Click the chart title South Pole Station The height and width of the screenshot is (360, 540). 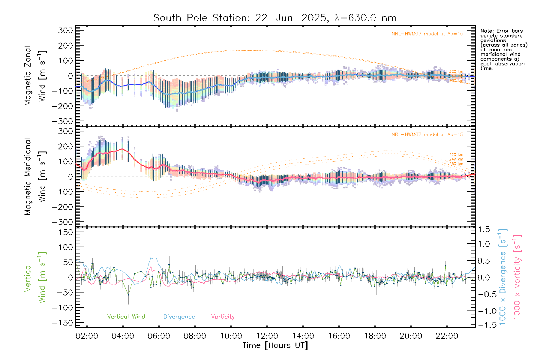(x=275, y=18)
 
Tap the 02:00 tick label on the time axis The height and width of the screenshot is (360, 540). (x=87, y=336)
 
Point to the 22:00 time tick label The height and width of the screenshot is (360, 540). (x=447, y=336)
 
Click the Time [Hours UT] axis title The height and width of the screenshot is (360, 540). (x=275, y=346)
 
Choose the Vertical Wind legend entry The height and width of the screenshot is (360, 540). (x=126, y=317)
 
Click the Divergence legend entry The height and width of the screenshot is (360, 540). (x=179, y=317)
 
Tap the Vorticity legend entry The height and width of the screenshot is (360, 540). (x=223, y=317)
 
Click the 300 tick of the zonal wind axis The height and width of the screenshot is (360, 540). (x=66, y=30)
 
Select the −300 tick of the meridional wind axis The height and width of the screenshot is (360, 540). (x=62, y=222)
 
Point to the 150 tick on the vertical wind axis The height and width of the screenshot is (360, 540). (x=66, y=232)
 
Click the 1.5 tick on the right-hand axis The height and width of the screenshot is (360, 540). (x=484, y=229)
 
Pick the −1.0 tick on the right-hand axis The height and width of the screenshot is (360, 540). (x=484, y=311)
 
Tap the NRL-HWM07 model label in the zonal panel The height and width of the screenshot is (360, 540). (x=427, y=34)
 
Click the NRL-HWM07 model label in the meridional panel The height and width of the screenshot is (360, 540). (x=427, y=135)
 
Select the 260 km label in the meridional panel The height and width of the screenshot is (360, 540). (x=456, y=164)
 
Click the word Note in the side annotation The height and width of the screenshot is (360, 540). (x=486, y=31)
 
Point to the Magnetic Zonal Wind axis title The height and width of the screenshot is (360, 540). (x=35, y=76)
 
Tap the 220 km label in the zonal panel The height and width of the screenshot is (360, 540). (x=456, y=72)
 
